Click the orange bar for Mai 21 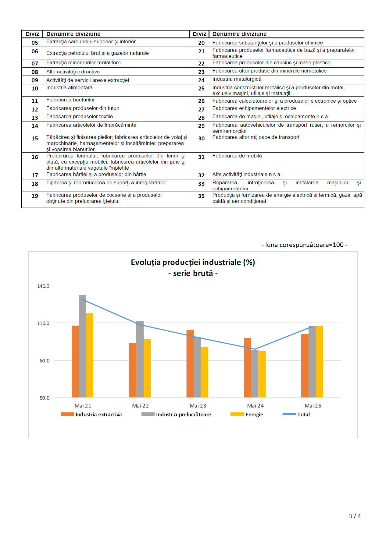[75, 362]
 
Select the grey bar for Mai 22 [140, 359]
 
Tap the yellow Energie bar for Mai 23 [204, 372]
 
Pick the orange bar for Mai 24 [248, 368]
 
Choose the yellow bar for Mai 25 [319, 362]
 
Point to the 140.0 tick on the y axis [43, 286]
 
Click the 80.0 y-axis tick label [45, 361]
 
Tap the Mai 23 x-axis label [198, 406]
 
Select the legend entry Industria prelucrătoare [176, 415]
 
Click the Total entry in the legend [296, 415]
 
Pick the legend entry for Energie [247, 415]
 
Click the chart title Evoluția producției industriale [193, 262]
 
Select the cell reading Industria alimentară [69, 88]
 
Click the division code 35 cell [201, 196]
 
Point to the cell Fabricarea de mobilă [237, 156]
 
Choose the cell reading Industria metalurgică [237, 79]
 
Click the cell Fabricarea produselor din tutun [83, 108]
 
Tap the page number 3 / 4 [355, 516]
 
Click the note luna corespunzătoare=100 [304, 245]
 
